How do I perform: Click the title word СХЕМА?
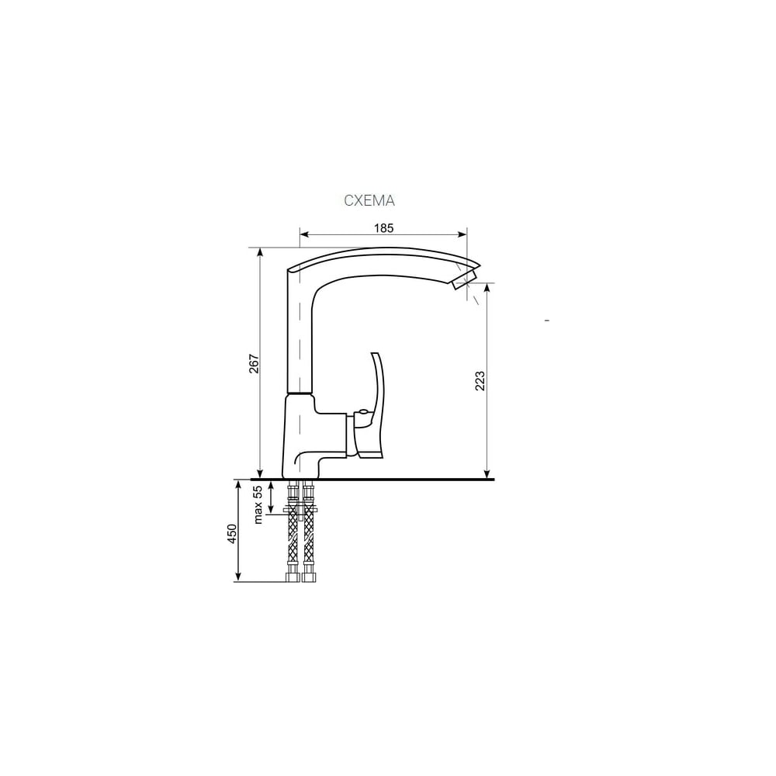pyautogui.click(x=369, y=200)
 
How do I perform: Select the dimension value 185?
pyautogui.click(x=383, y=228)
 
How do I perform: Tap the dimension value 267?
pyautogui.click(x=254, y=364)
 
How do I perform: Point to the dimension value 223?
pyautogui.click(x=480, y=380)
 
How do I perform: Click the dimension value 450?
pyautogui.click(x=232, y=534)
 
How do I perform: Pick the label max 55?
pyautogui.click(x=258, y=505)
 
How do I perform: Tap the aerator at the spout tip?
pyautogui.click(x=465, y=278)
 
